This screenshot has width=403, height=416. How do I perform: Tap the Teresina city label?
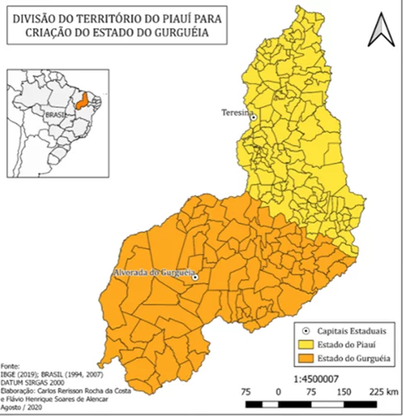235,112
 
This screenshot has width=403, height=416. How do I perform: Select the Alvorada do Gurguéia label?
151,272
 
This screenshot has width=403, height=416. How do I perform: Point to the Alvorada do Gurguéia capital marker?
195,277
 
